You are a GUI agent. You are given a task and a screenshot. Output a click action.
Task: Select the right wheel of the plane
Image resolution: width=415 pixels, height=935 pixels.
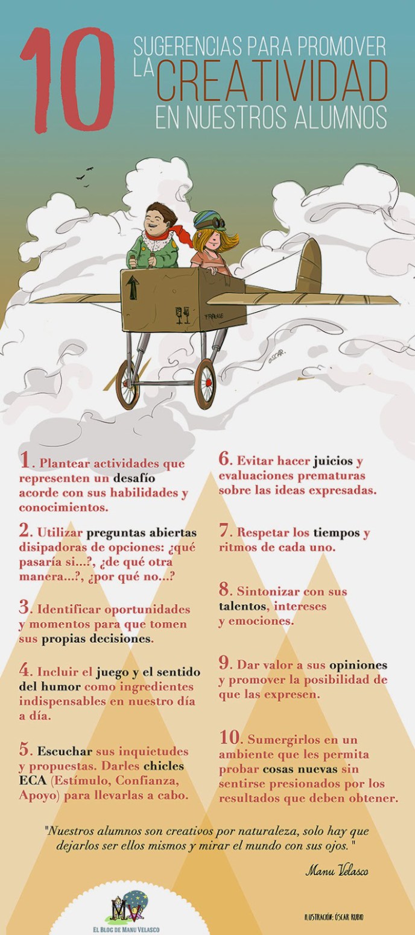[x=206, y=382]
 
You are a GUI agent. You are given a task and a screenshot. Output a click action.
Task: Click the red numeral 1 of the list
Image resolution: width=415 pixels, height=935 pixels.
[x=25, y=461]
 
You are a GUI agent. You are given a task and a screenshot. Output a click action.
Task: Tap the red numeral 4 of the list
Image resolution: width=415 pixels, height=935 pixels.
[x=25, y=669]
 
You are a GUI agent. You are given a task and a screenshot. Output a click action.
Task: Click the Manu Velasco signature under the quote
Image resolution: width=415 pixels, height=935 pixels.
[x=337, y=871]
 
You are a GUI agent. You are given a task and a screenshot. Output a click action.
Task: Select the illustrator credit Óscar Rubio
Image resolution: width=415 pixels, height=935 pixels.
[x=334, y=917]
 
